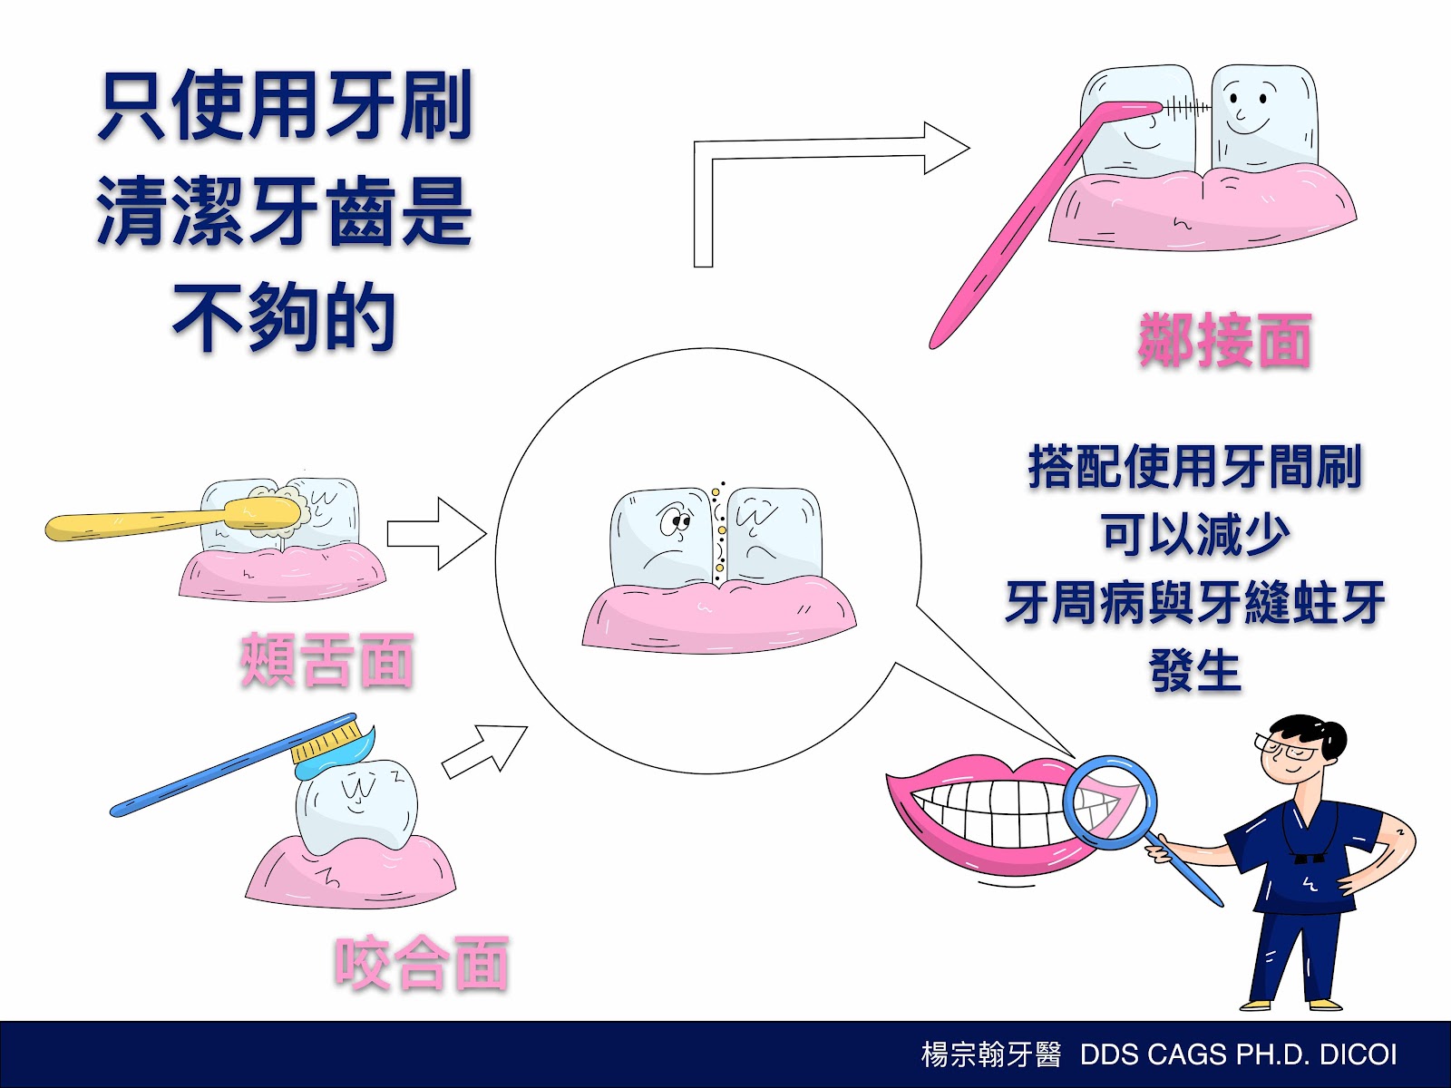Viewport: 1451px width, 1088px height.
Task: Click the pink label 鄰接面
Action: click(1224, 341)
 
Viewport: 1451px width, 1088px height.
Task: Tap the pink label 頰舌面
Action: click(327, 661)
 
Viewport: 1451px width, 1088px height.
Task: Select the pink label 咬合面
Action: click(422, 963)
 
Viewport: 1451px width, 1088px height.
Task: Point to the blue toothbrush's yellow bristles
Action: click(325, 739)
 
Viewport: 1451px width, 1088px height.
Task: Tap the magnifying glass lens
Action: click(1108, 802)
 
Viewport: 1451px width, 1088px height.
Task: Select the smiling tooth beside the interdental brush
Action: click(1263, 113)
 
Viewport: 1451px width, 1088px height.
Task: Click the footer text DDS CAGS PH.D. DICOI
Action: click(1238, 1054)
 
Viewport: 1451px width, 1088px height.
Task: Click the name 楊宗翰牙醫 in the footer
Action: click(991, 1054)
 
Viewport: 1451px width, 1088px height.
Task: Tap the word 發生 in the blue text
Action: click(1194, 672)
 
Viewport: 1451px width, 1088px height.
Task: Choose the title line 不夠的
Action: click(284, 317)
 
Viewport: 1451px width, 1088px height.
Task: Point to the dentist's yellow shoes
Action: click(1292, 1004)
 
